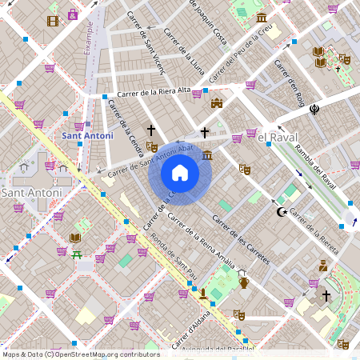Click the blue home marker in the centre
click(x=180, y=173)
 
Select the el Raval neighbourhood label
click(x=278, y=137)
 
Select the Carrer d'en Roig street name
click(x=290, y=82)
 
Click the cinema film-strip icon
click(x=53, y=20)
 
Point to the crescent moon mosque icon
click(x=281, y=212)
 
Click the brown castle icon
click(x=216, y=102)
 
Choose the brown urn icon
click(x=244, y=282)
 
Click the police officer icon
click(x=323, y=265)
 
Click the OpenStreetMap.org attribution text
click(x=104, y=354)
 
